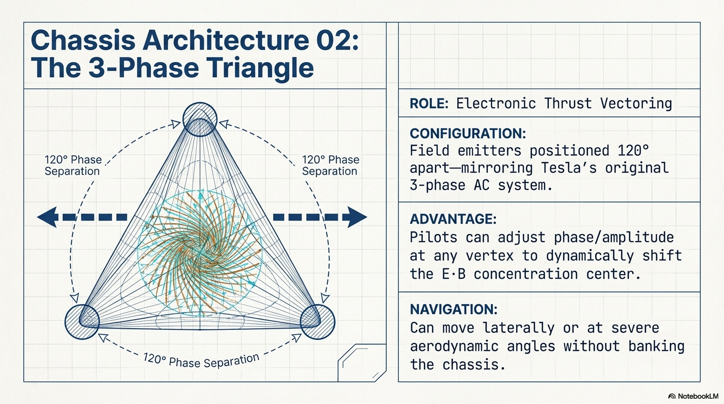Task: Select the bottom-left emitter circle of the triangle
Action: click(x=82, y=320)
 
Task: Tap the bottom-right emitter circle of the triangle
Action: click(x=317, y=320)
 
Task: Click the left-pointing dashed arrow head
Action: click(x=47, y=217)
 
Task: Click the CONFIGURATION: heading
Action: click(x=467, y=133)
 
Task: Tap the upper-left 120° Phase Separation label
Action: click(x=72, y=165)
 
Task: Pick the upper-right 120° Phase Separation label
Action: click(x=330, y=165)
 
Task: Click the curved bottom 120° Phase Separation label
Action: click(x=202, y=361)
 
